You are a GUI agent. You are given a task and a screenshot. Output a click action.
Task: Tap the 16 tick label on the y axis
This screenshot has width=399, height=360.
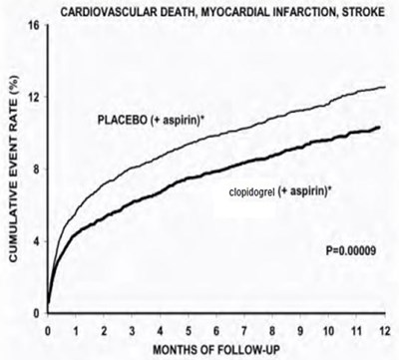tap(34, 25)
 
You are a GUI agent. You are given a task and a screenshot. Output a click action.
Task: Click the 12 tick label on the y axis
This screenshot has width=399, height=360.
tap(34, 97)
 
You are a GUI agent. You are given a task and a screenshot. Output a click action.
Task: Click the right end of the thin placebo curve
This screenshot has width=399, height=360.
tap(384, 88)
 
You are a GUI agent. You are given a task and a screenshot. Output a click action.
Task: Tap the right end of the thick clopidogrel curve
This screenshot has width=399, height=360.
tap(380, 127)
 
